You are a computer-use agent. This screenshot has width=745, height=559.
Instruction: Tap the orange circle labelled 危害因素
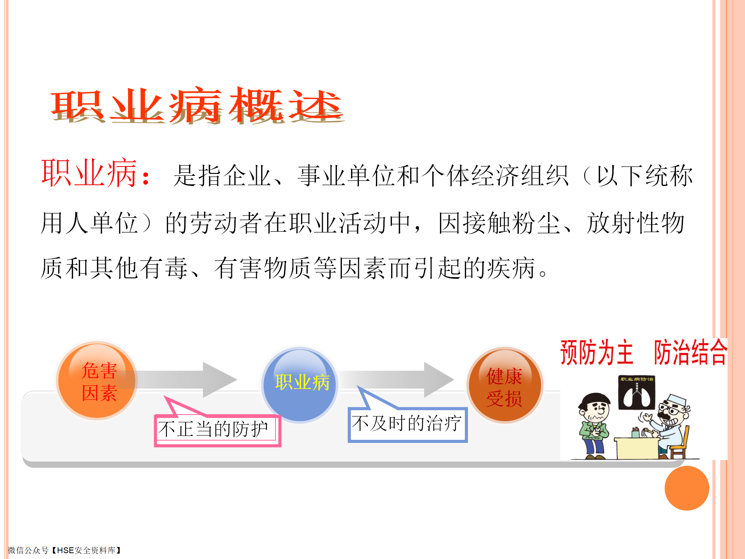[97, 380]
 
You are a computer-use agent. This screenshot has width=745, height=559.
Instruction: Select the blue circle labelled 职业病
[300, 384]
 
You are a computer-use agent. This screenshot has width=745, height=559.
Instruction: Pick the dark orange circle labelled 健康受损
[504, 385]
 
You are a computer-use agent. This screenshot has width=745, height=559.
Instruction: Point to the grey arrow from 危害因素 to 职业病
[182, 380]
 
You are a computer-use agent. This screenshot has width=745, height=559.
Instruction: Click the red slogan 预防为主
[597, 352]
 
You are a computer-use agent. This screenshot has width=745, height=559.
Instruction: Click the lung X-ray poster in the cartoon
[636, 392]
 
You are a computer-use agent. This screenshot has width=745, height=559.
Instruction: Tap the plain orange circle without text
[687, 488]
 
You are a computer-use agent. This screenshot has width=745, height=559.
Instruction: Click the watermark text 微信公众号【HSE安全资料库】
[64, 550]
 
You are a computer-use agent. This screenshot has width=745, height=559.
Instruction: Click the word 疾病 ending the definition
[511, 268]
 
